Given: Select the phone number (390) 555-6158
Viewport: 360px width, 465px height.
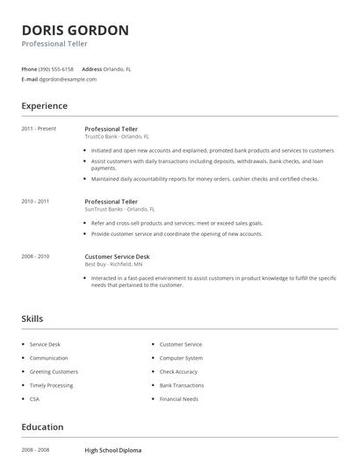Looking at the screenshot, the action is click(x=57, y=68).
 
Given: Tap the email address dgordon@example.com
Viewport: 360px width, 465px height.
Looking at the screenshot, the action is click(x=68, y=79).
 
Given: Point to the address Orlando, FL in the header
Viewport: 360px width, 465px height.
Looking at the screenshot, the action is click(x=118, y=68).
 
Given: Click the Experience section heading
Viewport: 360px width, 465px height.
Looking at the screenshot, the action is click(x=44, y=106).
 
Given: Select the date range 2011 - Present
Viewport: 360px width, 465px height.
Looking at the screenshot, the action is click(x=39, y=129).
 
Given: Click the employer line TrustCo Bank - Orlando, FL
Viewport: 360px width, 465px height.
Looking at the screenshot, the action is click(x=117, y=137).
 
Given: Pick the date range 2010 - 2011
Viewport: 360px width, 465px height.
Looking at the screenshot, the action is click(x=35, y=201).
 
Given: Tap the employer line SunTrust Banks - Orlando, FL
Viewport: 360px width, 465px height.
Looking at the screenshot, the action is click(x=119, y=210).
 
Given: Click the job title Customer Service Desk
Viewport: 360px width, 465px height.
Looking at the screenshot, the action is click(x=117, y=256).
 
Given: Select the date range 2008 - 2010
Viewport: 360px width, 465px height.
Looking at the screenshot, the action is click(x=35, y=256).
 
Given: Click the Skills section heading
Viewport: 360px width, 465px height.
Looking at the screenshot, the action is click(x=32, y=318).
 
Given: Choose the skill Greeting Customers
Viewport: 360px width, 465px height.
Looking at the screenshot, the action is click(x=54, y=372).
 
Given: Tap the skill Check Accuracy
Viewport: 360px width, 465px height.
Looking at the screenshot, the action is click(x=178, y=372).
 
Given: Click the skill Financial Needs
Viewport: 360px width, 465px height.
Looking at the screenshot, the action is click(x=179, y=399).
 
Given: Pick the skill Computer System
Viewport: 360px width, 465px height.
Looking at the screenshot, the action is click(x=181, y=358).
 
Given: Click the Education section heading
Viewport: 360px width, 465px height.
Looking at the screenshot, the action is click(x=42, y=427).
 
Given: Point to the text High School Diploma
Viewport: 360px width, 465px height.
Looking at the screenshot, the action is click(x=113, y=450).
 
